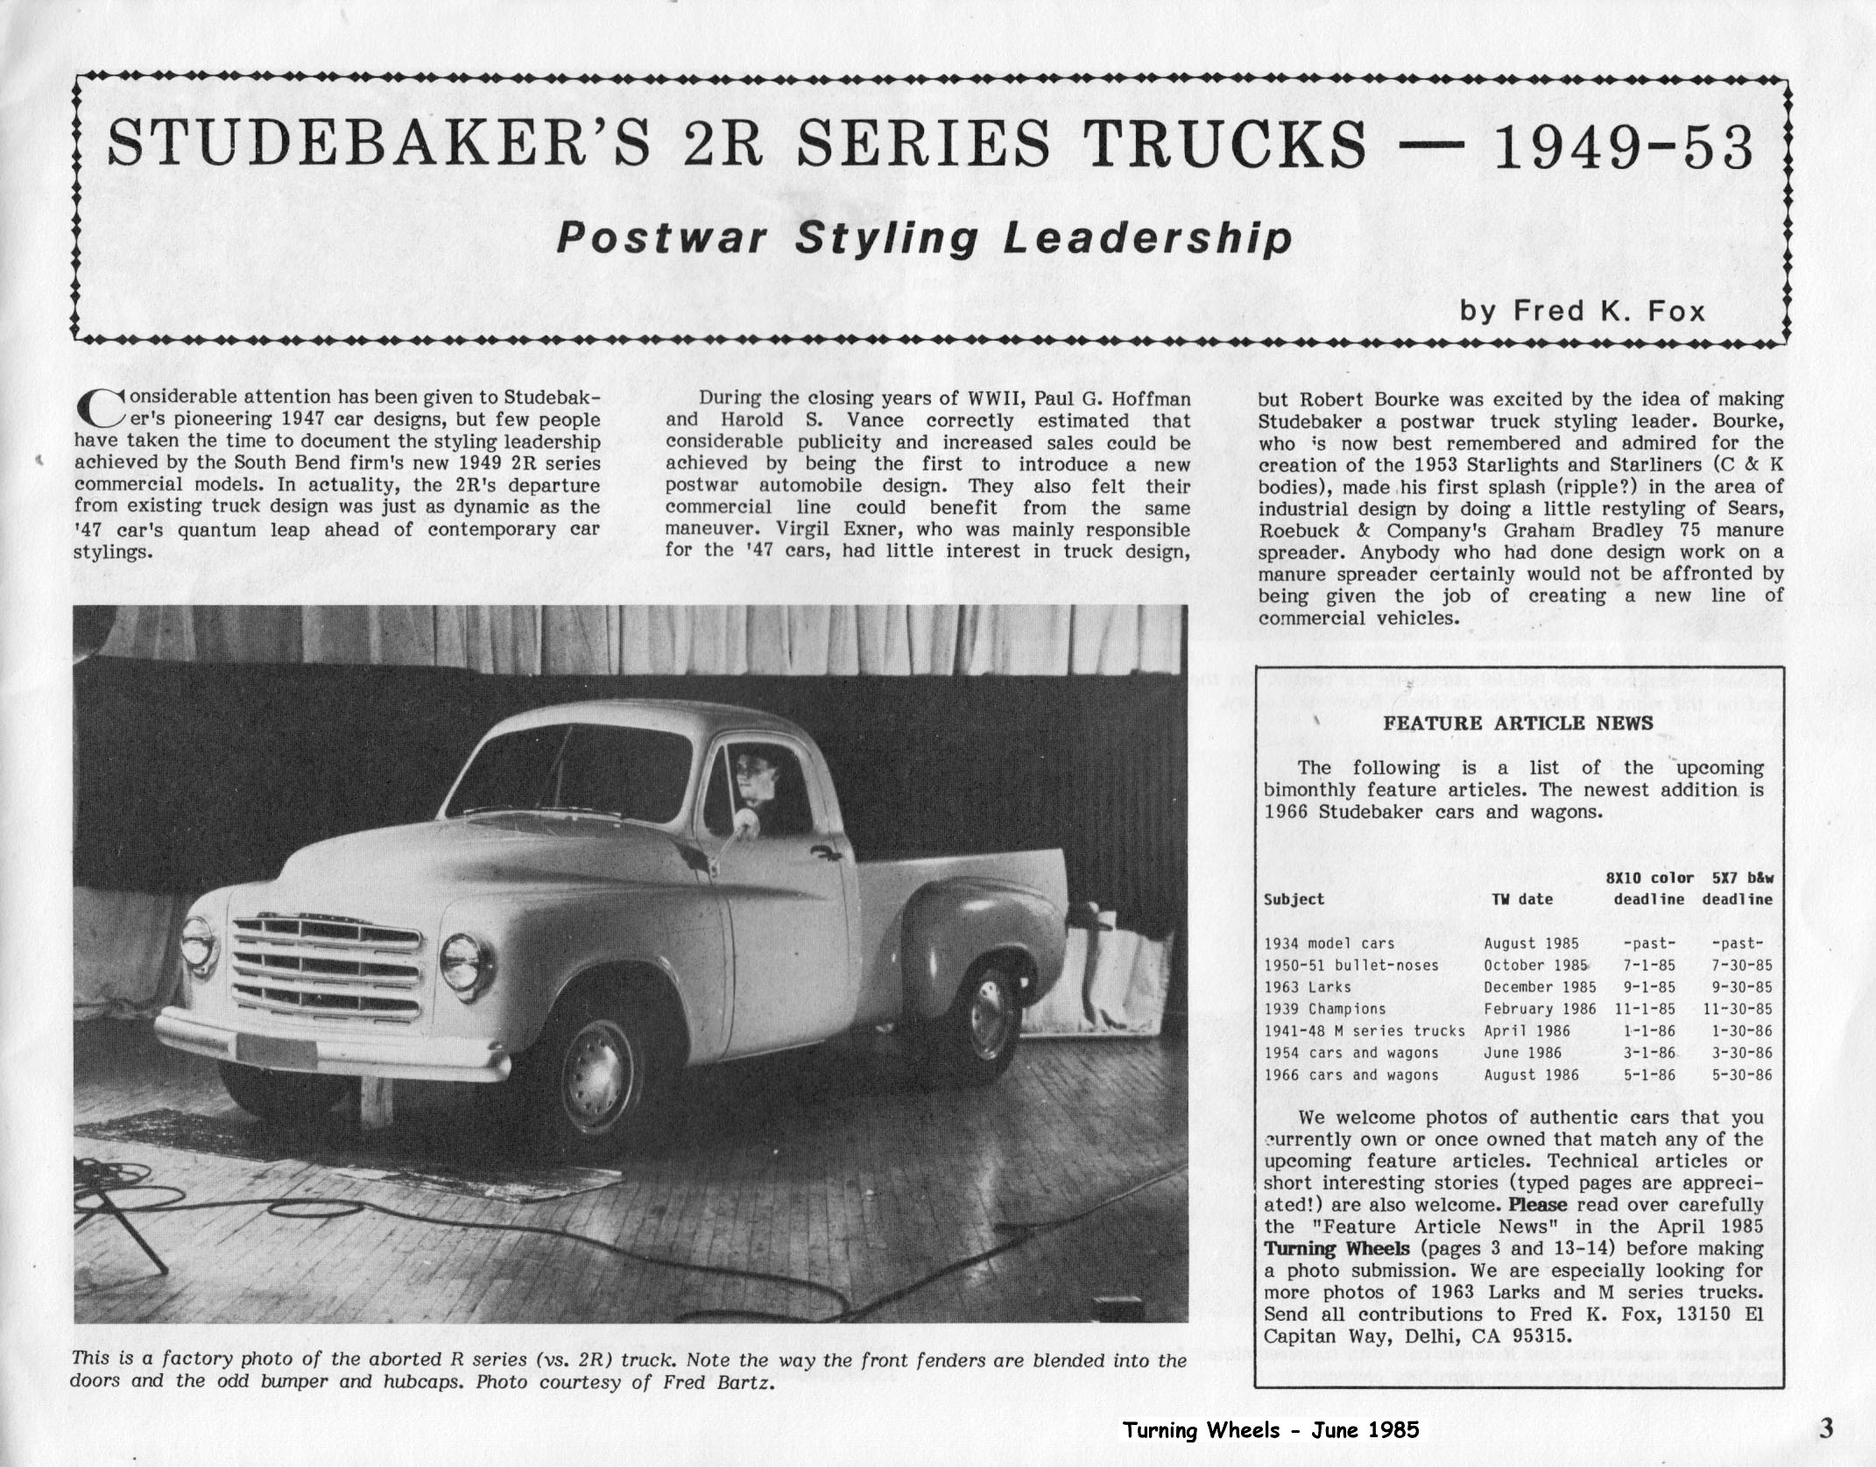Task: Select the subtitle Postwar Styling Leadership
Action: click(x=925, y=239)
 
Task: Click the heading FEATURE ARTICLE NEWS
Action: click(x=1518, y=723)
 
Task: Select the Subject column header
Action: click(x=1294, y=899)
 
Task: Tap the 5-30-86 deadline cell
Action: click(x=1737, y=1075)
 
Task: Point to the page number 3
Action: click(x=1825, y=1430)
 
